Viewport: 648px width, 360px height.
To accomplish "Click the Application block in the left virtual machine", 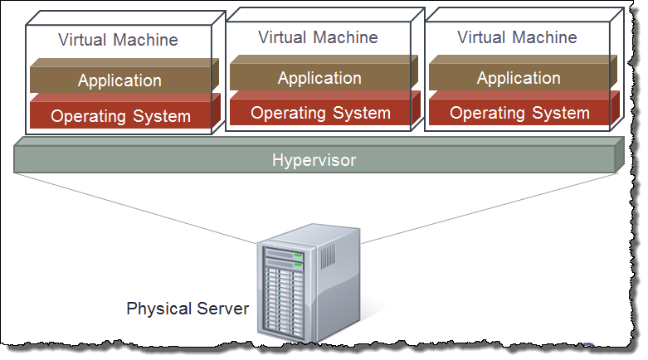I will coord(120,80).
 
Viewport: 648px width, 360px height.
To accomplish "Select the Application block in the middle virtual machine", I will coord(319,78).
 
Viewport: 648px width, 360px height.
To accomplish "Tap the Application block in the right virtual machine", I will coord(519,78).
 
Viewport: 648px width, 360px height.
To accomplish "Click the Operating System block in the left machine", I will coord(120,116).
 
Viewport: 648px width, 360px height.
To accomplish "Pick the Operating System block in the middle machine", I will coord(320,113).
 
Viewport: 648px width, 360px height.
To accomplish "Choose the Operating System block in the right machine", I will coord(519,113).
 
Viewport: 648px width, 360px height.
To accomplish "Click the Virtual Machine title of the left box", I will coord(118,40).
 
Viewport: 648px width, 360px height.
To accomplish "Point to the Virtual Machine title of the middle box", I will coord(318,37).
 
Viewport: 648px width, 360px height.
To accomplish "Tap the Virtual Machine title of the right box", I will coord(517,37).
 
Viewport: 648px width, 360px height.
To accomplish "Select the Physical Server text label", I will coord(188,309).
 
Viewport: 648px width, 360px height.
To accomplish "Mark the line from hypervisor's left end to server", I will coord(137,208).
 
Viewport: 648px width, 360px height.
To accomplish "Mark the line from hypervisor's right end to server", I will coord(490,208).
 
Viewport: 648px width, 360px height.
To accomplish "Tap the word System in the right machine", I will coord(564,113).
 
